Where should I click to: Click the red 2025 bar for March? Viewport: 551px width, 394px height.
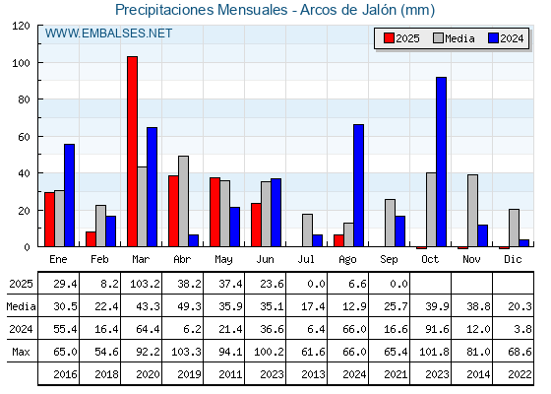coord(132,152)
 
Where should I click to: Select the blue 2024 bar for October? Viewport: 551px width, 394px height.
coord(441,162)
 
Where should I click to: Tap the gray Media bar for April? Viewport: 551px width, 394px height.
coord(183,201)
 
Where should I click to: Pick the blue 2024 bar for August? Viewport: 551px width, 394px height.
coord(358,185)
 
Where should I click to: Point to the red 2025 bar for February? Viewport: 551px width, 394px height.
coord(91,238)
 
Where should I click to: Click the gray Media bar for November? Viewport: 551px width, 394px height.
coord(472,211)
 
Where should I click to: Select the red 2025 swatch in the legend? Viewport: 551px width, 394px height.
coord(389,38)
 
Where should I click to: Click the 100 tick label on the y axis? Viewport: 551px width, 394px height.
coord(21,63)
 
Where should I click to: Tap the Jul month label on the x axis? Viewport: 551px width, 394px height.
coord(306,259)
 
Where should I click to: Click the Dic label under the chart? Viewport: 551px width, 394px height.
coord(513,259)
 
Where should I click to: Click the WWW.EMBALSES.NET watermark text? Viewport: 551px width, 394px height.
coord(108,33)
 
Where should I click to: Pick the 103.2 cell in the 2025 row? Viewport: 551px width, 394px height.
coord(145,284)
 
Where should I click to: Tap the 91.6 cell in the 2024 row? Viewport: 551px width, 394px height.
coord(437,329)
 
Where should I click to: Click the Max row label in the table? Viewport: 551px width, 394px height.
coord(21,352)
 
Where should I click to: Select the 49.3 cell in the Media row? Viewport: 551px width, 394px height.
coord(189,306)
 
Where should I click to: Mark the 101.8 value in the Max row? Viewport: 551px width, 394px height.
coord(434,352)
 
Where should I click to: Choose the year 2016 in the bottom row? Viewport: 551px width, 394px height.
coord(65,374)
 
